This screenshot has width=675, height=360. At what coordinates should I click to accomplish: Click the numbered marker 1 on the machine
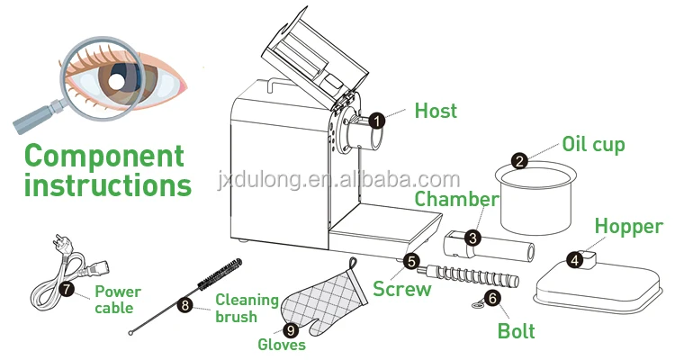point(377,119)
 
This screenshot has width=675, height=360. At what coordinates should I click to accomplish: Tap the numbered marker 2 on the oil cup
point(519,162)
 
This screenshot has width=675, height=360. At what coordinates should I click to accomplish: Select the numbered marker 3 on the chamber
point(472,238)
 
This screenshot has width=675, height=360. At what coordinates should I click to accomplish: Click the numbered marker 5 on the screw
point(411,262)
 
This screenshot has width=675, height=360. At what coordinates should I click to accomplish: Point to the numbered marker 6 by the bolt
point(492,298)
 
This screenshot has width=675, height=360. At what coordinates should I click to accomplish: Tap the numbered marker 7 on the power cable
point(67,290)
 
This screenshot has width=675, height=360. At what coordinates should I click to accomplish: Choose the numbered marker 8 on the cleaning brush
point(184,305)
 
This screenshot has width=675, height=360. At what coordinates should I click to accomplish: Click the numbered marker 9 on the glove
point(291,329)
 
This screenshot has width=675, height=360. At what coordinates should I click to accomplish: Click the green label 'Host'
point(436,112)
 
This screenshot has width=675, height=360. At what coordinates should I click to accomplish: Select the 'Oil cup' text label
point(593,144)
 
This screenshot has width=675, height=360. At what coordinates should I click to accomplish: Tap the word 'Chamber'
point(456,199)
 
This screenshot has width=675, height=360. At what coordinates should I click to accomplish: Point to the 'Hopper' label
point(628,227)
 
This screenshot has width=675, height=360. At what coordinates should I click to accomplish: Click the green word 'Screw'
point(402,289)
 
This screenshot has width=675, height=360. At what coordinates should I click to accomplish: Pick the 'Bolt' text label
point(516,331)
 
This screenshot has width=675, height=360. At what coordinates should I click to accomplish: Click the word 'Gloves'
point(282,346)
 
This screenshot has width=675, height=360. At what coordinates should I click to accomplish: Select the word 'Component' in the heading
point(103,156)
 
